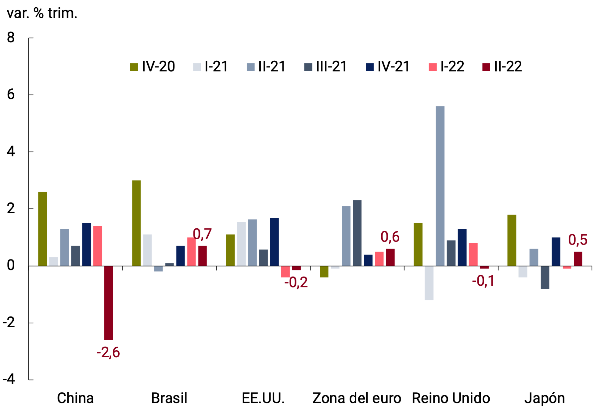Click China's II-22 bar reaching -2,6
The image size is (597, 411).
(109, 302)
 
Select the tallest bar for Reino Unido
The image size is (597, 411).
(440, 186)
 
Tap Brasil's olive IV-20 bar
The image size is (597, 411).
(136, 223)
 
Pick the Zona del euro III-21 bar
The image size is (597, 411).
(357, 233)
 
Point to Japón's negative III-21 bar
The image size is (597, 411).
(545, 277)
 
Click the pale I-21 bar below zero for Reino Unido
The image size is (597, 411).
(429, 283)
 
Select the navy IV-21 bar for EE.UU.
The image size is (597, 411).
(274, 242)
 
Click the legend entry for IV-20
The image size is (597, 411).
(153, 66)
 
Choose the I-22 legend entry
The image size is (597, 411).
(447, 66)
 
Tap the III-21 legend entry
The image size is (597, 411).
(325, 66)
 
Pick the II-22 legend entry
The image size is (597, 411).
(502, 66)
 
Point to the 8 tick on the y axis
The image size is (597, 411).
(11, 38)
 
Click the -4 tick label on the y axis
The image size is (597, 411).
(9, 379)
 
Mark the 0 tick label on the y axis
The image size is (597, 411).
(11, 266)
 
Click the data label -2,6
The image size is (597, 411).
(108, 352)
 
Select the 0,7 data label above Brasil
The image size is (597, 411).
(202, 234)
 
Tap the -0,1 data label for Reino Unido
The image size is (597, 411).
(483, 281)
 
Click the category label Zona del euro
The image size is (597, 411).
(357, 398)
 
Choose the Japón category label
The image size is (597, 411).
(545, 398)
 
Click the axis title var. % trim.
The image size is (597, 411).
(42, 13)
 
